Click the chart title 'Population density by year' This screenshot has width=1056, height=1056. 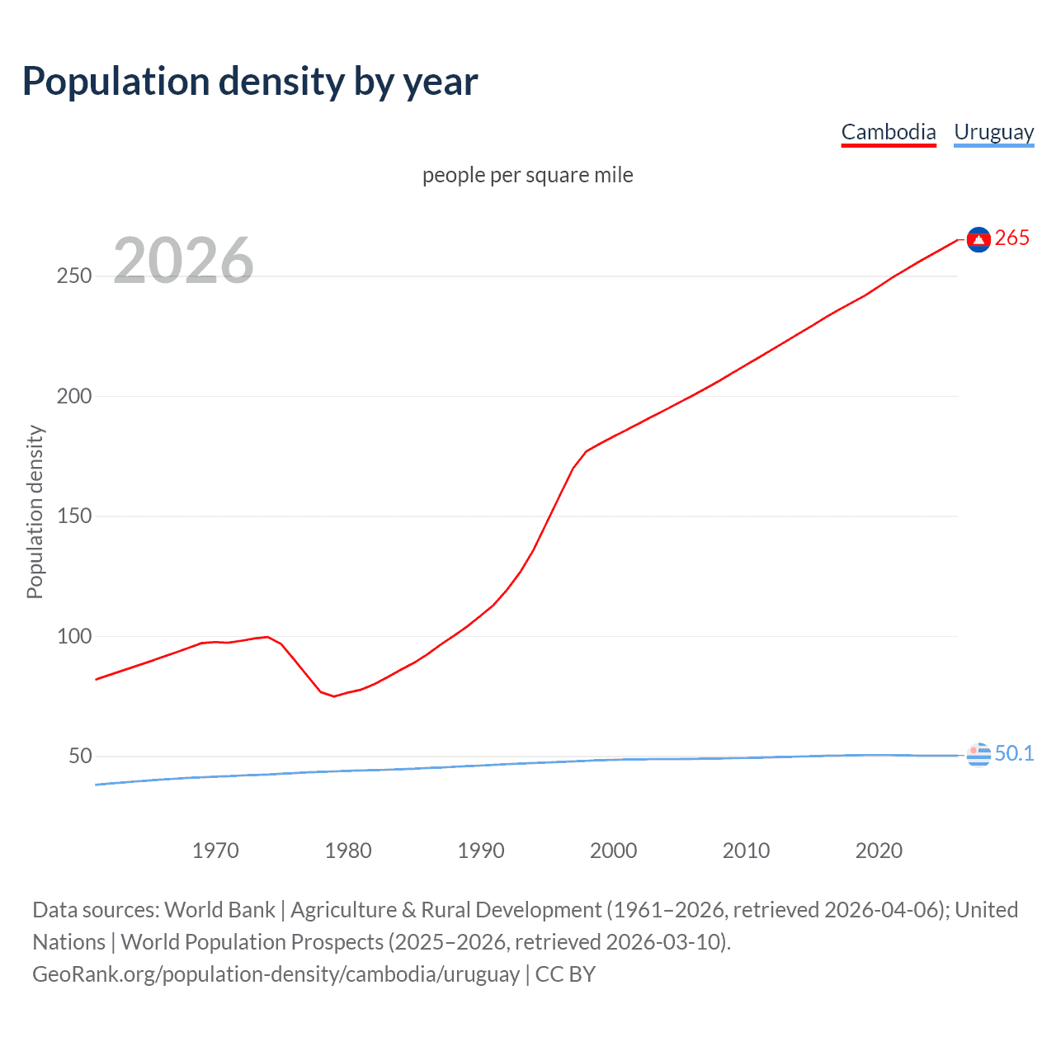click(250, 82)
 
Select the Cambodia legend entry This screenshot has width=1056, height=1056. click(889, 132)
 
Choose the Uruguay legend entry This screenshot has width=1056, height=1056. click(993, 132)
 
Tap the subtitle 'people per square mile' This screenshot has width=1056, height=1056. click(527, 175)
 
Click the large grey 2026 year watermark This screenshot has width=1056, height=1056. click(183, 261)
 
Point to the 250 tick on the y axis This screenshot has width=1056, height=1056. click(74, 276)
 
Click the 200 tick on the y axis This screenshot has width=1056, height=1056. click(74, 396)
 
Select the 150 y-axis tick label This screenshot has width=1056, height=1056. click(74, 516)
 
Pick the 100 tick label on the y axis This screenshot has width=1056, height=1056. click(74, 636)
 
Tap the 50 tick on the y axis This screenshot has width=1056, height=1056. click(80, 756)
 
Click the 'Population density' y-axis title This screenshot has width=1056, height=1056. click(35, 511)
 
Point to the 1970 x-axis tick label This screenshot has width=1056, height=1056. click(215, 851)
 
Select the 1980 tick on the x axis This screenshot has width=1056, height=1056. click(348, 851)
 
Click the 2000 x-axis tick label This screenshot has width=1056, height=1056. click(613, 851)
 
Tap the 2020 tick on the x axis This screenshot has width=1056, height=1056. click(879, 851)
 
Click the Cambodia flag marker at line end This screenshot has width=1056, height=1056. click(978, 239)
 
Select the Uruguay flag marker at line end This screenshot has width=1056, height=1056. click(978, 754)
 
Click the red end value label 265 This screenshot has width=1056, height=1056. click(1012, 238)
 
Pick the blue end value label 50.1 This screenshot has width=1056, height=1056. click(1014, 753)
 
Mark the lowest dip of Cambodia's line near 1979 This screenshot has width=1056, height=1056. click(334, 696)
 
